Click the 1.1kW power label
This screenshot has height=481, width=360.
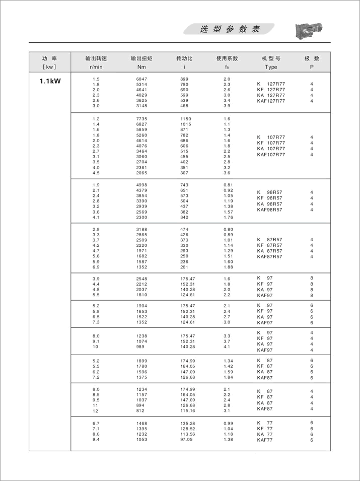(x=50, y=80)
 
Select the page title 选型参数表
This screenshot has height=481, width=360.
(x=230, y=30)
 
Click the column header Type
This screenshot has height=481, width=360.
(x=271, y=67)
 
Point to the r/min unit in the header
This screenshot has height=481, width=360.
(x=96, y=67)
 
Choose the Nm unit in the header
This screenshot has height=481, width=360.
(x=141, y=67)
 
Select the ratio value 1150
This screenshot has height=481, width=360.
(x=186, y=119)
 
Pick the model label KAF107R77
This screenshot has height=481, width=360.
(x=271, y=155)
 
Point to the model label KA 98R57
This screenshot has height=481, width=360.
(x=270, y=203)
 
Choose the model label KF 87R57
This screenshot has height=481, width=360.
(x=270, y=245)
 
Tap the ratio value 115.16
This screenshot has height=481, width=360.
(x=187, y=410)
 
